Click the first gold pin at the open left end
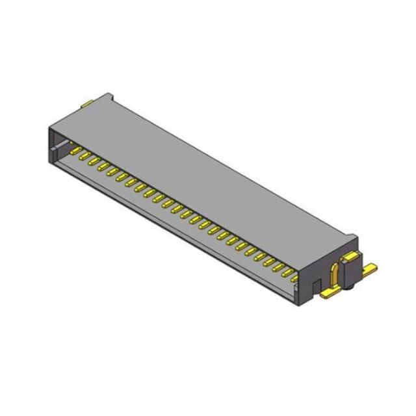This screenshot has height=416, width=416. click(x=76, y=152)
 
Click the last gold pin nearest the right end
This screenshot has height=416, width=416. click(x=294, y=278)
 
